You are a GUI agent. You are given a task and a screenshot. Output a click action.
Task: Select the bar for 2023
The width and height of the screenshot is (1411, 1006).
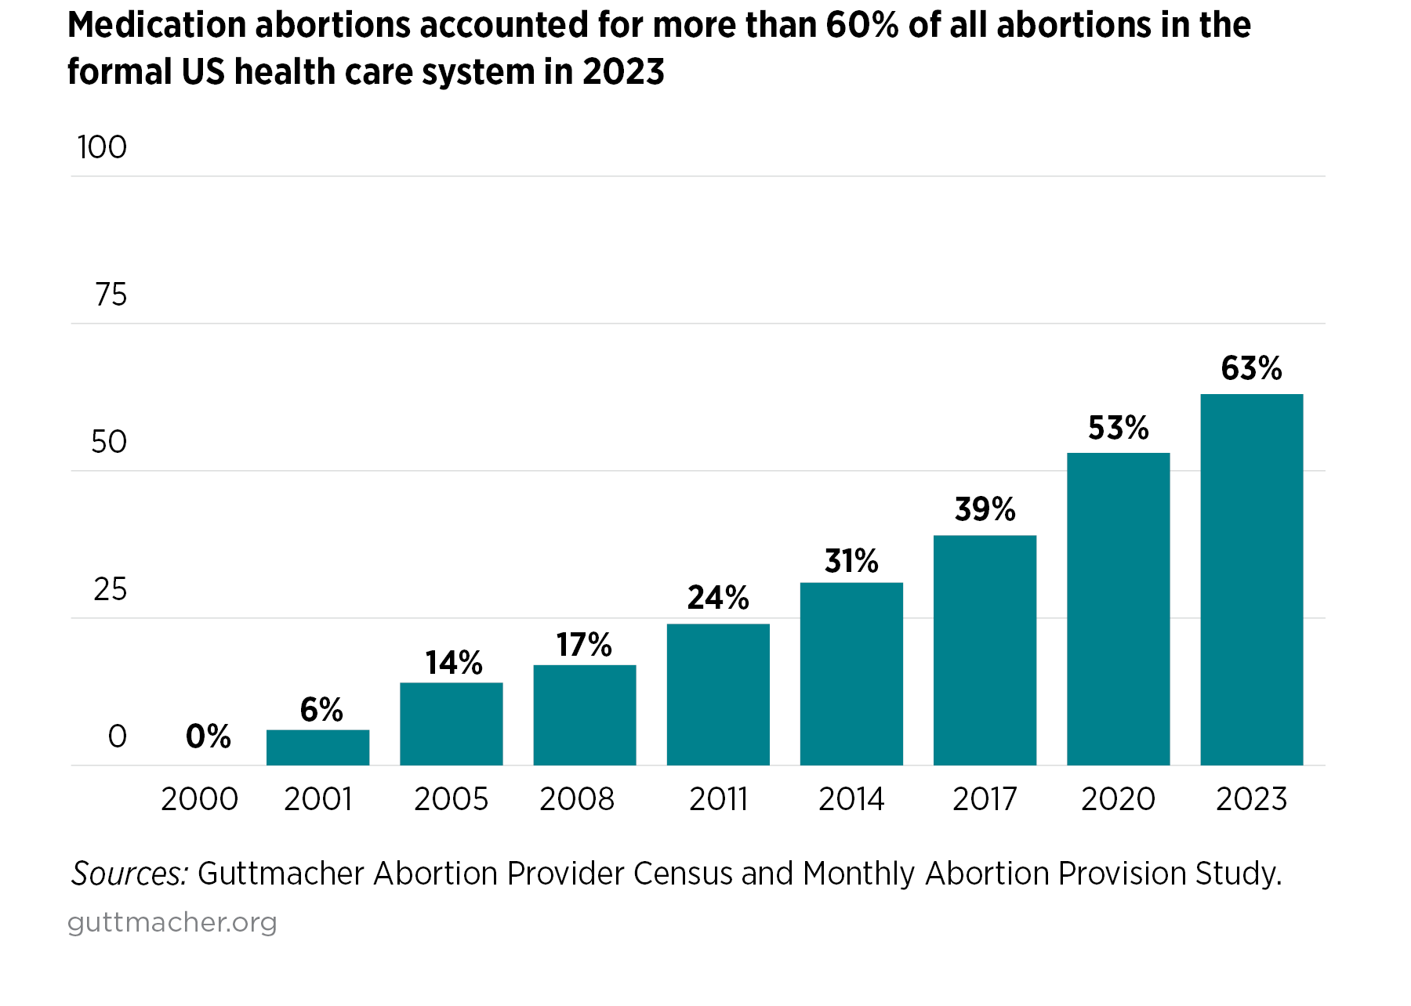click(x=1251, y=580)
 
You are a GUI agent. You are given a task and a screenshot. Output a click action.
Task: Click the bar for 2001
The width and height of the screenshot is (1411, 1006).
click(x=317, y=747)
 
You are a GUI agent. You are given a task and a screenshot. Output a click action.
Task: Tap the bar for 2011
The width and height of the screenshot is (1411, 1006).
click(x=718, y=694)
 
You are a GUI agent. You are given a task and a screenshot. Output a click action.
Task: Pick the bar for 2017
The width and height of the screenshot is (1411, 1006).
click(x=985, y=650)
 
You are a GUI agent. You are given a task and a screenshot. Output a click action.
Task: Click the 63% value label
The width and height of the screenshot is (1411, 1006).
click(x=1251, y=368)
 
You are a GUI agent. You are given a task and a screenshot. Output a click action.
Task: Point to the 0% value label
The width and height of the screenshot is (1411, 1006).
click(x=209, y=736)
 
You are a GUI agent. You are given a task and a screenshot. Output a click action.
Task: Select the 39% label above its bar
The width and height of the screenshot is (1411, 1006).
click(x=985, y=510)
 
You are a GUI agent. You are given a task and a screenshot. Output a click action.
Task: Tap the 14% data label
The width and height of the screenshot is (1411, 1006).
click(x=453, y=663)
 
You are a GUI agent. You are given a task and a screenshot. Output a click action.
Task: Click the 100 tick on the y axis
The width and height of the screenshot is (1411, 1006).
click(x=102, y=147)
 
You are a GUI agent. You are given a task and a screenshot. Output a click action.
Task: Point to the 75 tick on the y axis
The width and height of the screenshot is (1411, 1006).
click(x=111, y=295)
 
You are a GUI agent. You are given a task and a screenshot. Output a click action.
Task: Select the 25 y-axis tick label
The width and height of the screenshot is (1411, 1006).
click(x=110, y=589)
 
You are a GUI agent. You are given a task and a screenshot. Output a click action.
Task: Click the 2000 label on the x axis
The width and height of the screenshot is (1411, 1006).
click(x=199, y=799)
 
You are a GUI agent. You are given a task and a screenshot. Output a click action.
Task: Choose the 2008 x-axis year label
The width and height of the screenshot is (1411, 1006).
click(x=577, y=799)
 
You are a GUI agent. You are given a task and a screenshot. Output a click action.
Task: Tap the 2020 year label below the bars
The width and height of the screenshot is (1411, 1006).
click(x=1118, y=799)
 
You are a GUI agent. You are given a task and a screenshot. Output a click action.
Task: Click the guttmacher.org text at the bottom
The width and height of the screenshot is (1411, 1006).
click(x=172, y=922)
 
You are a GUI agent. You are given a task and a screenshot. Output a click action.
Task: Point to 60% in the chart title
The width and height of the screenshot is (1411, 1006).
click(x=861, y=25)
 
